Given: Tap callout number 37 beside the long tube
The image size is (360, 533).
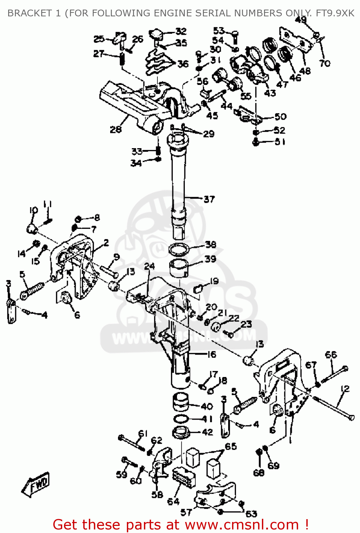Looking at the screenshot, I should pos(209,199).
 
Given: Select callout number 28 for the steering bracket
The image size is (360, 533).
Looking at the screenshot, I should pos(115,129).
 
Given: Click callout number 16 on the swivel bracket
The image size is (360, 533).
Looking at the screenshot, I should pos(211,354).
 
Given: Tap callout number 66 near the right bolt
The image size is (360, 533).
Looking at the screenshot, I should pos(331,355).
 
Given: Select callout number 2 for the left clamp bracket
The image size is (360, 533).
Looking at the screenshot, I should pos(106,243).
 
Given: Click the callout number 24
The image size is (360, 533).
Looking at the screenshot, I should pos(150,266).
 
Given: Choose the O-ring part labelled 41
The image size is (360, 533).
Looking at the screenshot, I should pos(181,419).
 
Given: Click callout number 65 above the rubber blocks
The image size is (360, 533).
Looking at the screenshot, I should pos(231,446).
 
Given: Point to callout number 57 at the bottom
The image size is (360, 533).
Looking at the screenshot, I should pos(186,512).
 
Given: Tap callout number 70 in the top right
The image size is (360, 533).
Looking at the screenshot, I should pos(324,63).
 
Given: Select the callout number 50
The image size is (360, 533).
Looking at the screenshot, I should pos(280,117).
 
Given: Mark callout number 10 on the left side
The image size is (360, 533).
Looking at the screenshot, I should pos(33,210).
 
